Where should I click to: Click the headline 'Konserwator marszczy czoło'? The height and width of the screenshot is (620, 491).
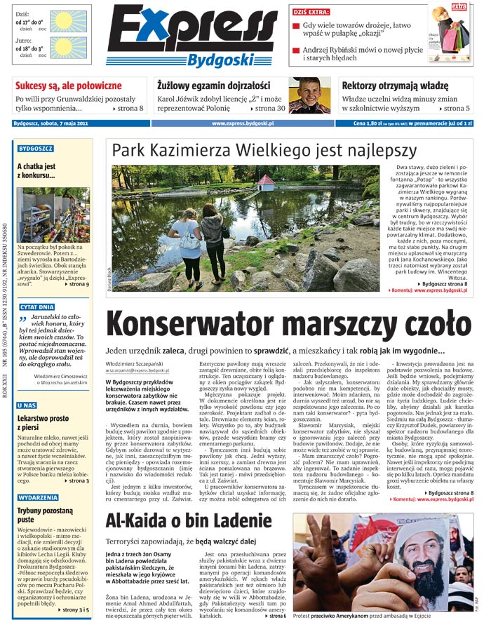[288, 324]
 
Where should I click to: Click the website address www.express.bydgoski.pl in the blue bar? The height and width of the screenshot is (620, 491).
[242, 124]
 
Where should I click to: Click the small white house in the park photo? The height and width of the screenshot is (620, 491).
[267, 182]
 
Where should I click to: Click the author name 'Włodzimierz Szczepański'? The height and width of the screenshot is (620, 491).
[137, 365]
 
